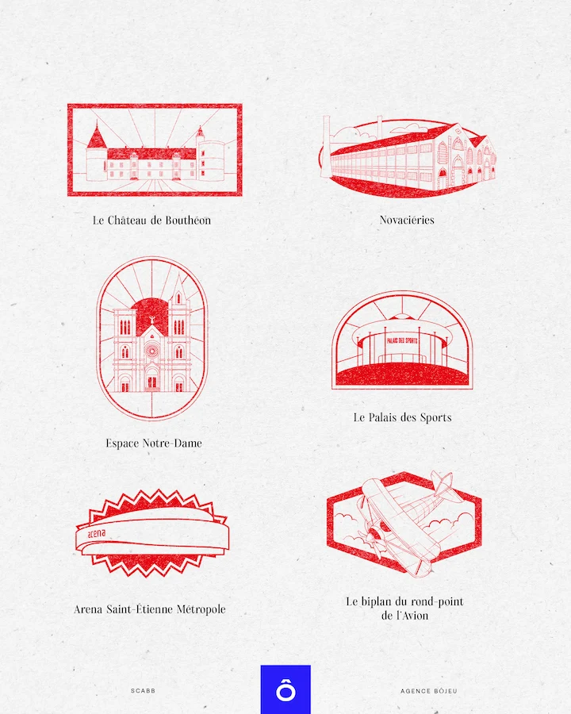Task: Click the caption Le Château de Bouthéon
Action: click(x=151, y=221)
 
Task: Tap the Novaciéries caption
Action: click(x=407, y=220)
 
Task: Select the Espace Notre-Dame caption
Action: click(x=154, y=443)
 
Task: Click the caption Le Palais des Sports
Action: click(x=402, y=417)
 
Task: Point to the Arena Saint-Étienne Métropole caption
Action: click(x=150, y=609)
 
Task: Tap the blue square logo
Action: click(x=285, y=689)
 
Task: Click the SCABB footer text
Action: click(x=144, y=691)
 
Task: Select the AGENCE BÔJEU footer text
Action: click(x=428, y=691)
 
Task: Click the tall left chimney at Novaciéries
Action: click(x=325, y=147)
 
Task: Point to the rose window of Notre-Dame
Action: click(x=151, y=349)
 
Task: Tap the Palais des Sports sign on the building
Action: click(x=402, y=340)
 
